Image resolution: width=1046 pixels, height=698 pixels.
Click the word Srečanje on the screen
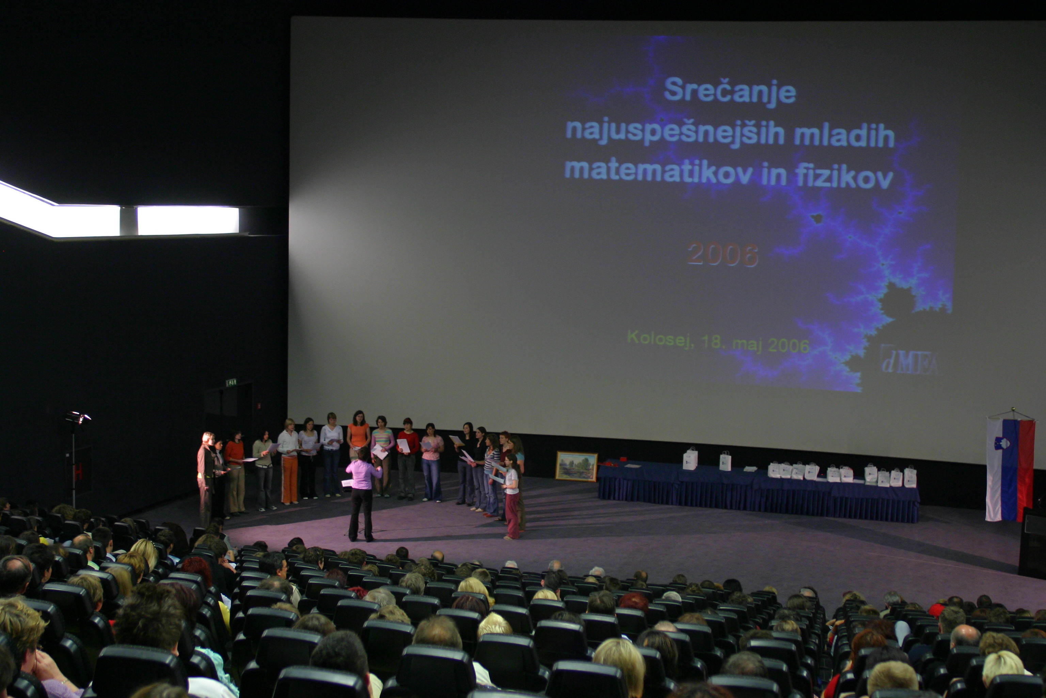pyautogui.click(x=729, y=92)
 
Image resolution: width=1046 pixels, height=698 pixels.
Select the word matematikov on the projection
pyautogui.click(x=659, y=170)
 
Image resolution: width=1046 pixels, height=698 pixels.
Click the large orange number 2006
pyautogui.click(x=723, y=254)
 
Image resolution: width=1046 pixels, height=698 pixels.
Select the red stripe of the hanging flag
pyautogui.click(x=1026, y=471)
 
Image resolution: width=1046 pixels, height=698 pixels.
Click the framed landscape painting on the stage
pyautogui.click(x=576, y=467)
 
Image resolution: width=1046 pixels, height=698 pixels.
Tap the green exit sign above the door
pyautogui.click(x=231, y=382)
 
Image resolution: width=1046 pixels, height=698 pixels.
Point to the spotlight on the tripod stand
pyautogui.click(x=78, y=417)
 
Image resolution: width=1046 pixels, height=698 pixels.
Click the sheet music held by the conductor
pyautogui.click(x=347, y=483)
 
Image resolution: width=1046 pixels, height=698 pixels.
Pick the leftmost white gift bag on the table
pyautogui.click(x=690, y=459)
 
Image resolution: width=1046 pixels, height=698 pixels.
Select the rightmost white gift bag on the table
pyautogui.click(x=910, y=477)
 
